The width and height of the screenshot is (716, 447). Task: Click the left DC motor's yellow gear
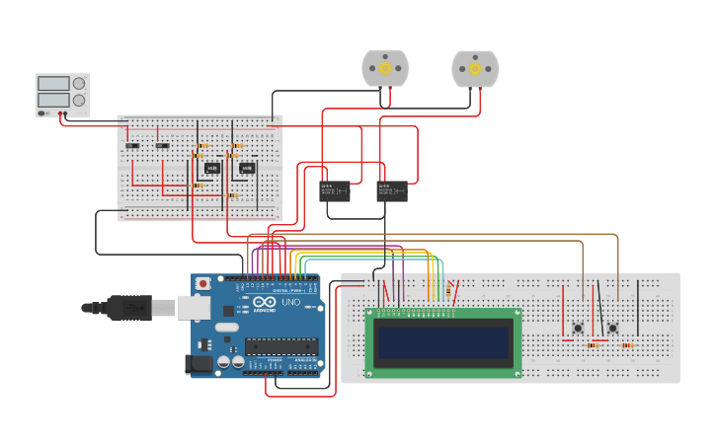(384, 69)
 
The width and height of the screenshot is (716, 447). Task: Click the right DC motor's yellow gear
(475, 69)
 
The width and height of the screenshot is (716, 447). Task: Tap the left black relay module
(335, 190)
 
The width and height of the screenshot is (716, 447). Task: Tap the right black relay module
(392, 190)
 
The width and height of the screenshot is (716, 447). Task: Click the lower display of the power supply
(53, 101)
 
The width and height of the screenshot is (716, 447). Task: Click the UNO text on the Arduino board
(290, 302)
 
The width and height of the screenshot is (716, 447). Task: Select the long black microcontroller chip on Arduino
(281, 346)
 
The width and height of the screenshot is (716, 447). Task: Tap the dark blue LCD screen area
(443, 342)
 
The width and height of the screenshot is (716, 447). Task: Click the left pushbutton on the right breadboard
(578, 328)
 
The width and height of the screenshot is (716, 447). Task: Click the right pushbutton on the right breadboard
(612, 328)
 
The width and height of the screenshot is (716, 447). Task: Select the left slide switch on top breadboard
(131, 146)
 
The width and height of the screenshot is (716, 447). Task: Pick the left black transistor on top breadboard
(211, 168)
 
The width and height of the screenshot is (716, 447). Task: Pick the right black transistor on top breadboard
(247, 168)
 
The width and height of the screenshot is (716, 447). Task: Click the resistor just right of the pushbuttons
(627, 345)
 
